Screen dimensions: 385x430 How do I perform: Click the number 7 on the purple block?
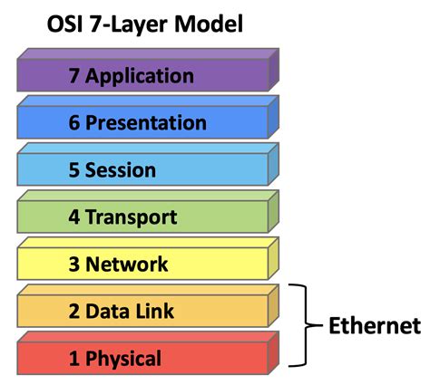[74, 75]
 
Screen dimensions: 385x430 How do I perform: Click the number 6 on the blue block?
[74, 123]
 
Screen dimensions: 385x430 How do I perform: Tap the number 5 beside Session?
[74, 170]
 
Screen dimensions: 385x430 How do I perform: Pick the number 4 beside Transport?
[74, 217]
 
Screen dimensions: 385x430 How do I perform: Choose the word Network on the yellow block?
[130, 265]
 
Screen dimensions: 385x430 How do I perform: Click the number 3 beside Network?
[74, 265]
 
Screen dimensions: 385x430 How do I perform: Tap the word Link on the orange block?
[155, 312]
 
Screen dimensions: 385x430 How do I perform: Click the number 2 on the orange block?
[74, 312]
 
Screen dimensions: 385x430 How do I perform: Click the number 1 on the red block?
[74, 359]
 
